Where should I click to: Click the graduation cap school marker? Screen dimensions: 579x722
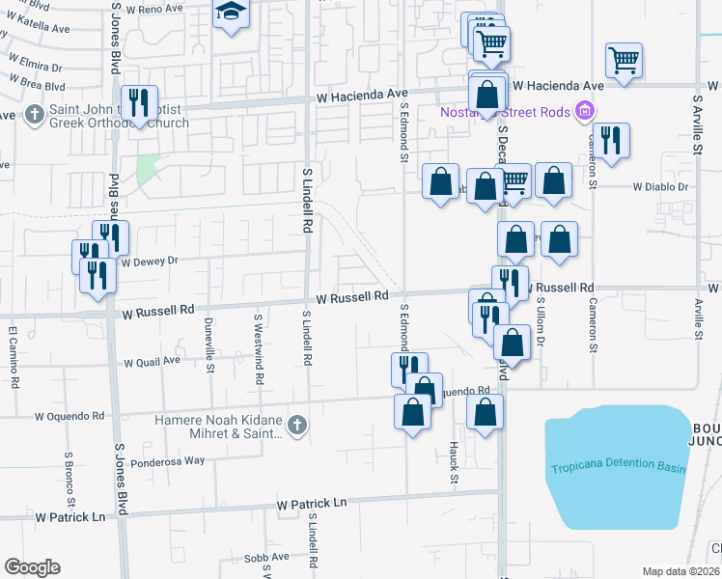click(x=231, y=14)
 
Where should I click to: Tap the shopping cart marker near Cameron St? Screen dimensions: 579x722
click(x=625, y=60)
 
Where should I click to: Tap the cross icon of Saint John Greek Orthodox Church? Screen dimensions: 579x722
click(x=33, y=114)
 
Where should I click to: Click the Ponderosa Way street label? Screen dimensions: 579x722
click(x=168, y=460)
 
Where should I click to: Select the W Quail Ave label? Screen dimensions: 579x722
click(x=152, y=362)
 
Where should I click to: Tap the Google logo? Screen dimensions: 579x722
click(x=32, y=567)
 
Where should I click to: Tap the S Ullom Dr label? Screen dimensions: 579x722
click(x=541, y=321)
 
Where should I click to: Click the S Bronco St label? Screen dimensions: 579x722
click(x=70, y=479)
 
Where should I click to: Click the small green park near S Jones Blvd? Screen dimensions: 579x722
click(x=147, y=170)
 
